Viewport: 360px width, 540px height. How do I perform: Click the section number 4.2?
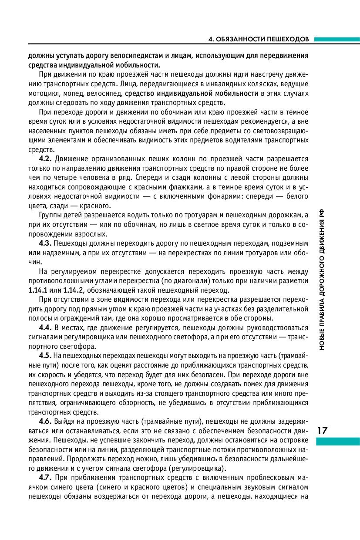(46, 159)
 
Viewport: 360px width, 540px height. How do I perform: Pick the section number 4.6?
(46, 421)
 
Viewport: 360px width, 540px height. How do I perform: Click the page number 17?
(323, 431)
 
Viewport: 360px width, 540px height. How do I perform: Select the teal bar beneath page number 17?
(338, 442)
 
